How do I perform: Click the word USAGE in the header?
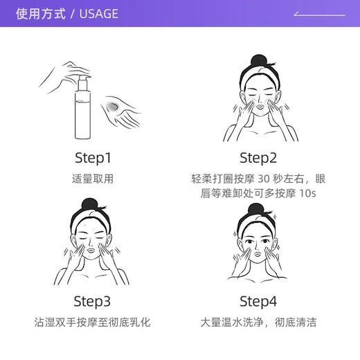coord(98,14)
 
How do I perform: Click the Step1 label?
coord(92,156)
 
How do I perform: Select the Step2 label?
coord(258,156)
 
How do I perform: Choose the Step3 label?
coord(92,301)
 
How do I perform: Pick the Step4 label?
coord(258,301)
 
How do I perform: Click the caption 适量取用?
coord(92,179)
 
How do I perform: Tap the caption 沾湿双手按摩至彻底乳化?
coord(92,323)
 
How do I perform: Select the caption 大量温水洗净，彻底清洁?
coord(258,323)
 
